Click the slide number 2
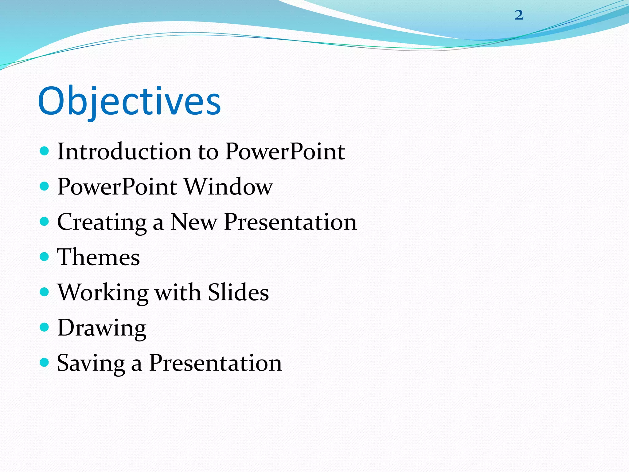[x=519, y=15]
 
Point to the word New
[x=194, y=222]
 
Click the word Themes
[x=98, y=257]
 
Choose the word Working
[x=103, y=292]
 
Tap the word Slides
[x=238, y=292]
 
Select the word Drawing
[x=102, y=328]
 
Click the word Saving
[x=91, y=363]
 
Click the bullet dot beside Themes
[x=45, y=257]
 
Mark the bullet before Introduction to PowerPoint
[x=45, y=151]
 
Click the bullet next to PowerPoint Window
[x=45, y=186]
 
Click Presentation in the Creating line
[x=290, y=222]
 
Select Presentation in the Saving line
[x=215, y=363]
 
